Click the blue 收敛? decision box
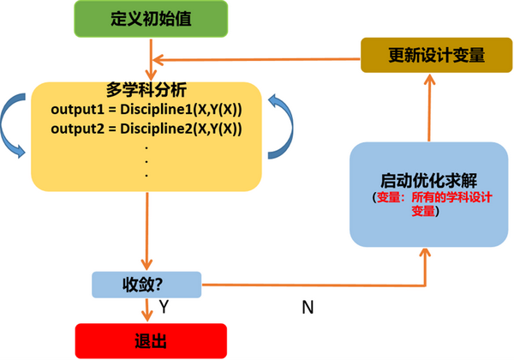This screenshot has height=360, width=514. [146, 284]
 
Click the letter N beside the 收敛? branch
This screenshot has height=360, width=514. [306, 305]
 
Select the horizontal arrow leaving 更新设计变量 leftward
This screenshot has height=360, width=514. [257, 58]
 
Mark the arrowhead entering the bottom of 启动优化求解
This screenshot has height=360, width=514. [426, 255]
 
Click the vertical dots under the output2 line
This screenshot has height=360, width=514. [147, 161]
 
